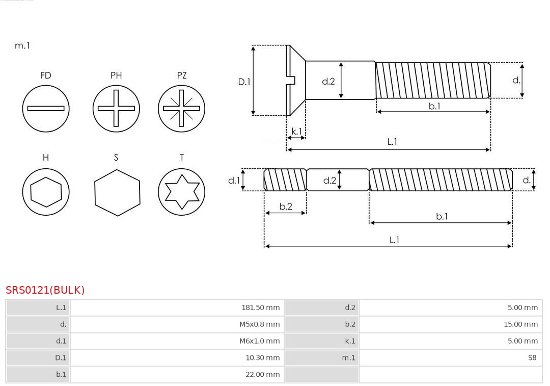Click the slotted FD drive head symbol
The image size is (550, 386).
pyautogui.click(x=46, y=108)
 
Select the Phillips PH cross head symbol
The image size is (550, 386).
pyautogui.click(x=116, y=108)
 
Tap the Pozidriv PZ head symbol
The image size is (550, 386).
pyautogui.click(x=182, y=108)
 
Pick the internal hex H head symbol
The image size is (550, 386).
pyautogui.click(x=46, y=192)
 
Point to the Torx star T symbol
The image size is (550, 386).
pyautogui.click(x=182, y=192)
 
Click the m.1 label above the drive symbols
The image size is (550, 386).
pyautogui.click(x=22, y=45)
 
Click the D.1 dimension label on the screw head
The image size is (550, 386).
pyautogui.click(x=244, y=81)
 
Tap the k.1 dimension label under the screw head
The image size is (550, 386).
pyautogui.click(x=296, y=131)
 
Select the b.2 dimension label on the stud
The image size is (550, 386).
pyautogui.click(x=286, y=207)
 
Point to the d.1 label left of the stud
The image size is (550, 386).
pyautogui.click(x=234, y=180)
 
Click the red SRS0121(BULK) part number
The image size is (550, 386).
pyautogui.click(x=45, y=290)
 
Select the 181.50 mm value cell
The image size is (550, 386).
pyautogui.click(x=260, y=307)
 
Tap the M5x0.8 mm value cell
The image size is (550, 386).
pyautogui.click(x=259, y=324)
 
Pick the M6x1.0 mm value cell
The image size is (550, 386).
pyautogui.click(x=259, y=341)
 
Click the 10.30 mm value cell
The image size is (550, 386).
pyautogui.click(x=262, y=357)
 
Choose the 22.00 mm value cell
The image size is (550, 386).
pyautogui.click(x=262, y=374)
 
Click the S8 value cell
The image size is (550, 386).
pyautogui.click(x=532, y=357)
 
